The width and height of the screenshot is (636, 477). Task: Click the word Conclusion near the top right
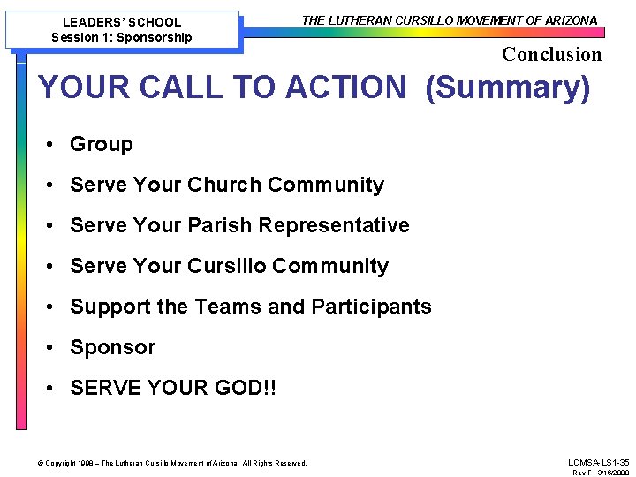point(551,55)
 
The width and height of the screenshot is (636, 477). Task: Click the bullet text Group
point(102,144)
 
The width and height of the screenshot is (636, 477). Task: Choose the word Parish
point(221,225)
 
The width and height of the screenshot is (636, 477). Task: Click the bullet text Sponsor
point(112,347)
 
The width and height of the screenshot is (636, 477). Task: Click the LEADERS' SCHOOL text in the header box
point(122,22)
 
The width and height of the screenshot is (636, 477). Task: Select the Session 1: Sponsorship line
point(122,37)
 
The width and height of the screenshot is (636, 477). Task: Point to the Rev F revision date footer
point(601,473)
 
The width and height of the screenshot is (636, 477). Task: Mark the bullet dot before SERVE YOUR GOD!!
point(54,388)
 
